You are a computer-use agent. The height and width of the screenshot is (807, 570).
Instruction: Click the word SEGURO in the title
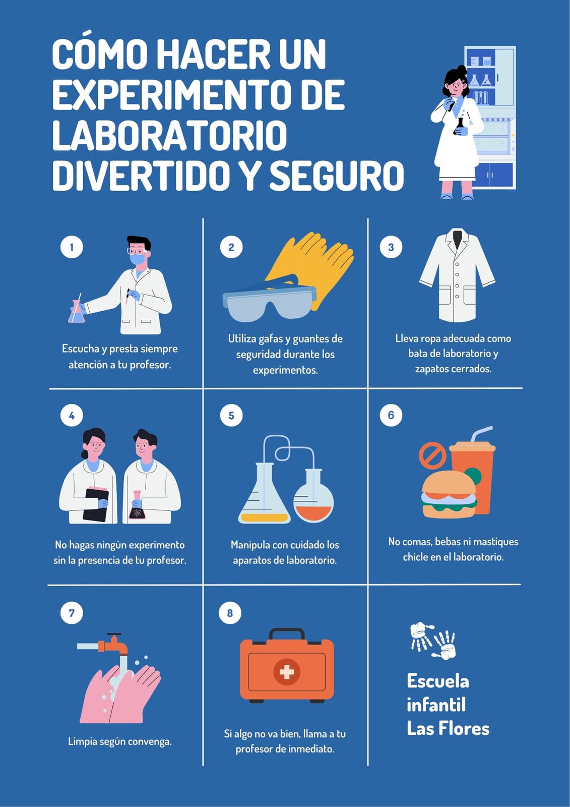click(x=337, y=176)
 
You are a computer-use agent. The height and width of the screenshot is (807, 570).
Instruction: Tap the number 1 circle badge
click(x=72, y=247)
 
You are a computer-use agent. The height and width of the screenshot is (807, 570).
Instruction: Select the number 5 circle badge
click(x=231, y=416)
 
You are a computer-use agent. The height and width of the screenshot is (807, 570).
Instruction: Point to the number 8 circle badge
click(x=230, y=613)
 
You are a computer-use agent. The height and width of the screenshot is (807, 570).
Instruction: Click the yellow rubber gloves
click(x=309, y=267)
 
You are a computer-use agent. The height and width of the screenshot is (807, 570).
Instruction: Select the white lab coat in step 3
click(x=457, y=275)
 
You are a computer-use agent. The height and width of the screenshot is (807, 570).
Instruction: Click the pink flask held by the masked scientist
click(x=77, y=311)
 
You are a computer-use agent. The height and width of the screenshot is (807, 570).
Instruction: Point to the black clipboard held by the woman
click(x=96, y=504)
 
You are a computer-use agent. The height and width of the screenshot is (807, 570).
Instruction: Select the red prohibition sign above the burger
click(x=432, y=455)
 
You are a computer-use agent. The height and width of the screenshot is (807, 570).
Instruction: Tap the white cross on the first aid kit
click(x=287, y=672)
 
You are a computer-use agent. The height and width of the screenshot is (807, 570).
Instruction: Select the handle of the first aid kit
click(x=287, y=633)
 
